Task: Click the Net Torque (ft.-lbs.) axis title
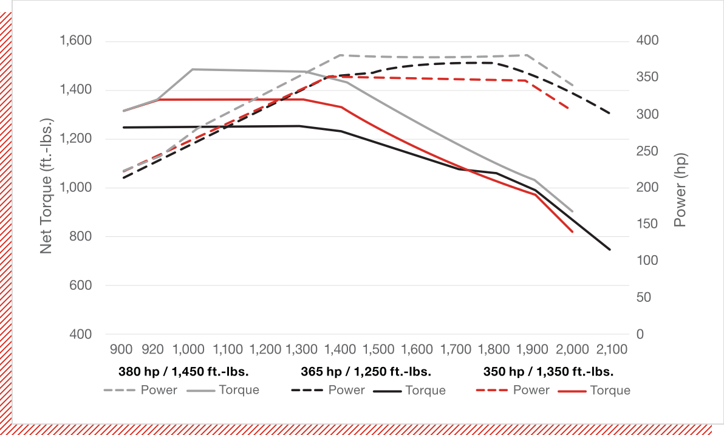click(x=46, y=187)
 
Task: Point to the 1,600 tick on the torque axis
click(x=75, y=41)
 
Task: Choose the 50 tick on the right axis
click(x=641, y=297)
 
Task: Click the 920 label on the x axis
click(x=152, y=349)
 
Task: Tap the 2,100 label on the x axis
click(x=611, y=349)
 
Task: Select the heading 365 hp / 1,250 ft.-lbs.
click(x=366, y=371)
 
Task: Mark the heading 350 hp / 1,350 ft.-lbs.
click(x=548, y=371)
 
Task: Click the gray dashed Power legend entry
click(x=141, y=390)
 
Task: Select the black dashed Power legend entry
click(x=329, y=390)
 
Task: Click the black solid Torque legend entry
click(x=409, y=391)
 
